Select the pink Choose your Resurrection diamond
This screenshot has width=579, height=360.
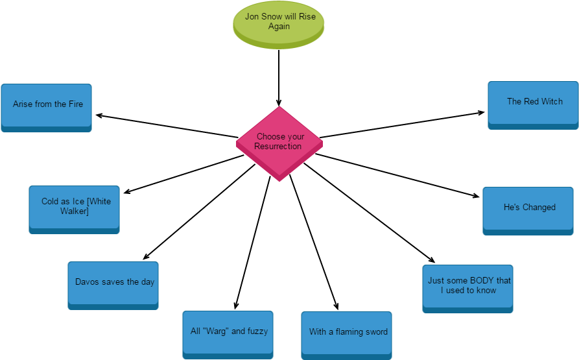pos(279,143)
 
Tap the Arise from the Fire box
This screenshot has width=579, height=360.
pos(46,107)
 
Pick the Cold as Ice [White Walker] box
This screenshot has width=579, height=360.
pos(74,209)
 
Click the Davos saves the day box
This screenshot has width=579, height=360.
pos(113,284)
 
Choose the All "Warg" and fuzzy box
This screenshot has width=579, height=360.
pos(228,333)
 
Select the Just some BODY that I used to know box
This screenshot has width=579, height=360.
pos(467,287)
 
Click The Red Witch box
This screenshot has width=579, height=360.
pos(533,104)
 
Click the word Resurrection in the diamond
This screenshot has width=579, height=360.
pos(278,147)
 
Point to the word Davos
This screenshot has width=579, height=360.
pos(87,282)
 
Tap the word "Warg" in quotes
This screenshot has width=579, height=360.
pos(215,331)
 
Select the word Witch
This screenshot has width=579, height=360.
pos(552,102)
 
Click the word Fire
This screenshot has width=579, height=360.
pos(76,104)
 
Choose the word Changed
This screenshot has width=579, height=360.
pos(539,208)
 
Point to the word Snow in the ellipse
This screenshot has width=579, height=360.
pos(272,17)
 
